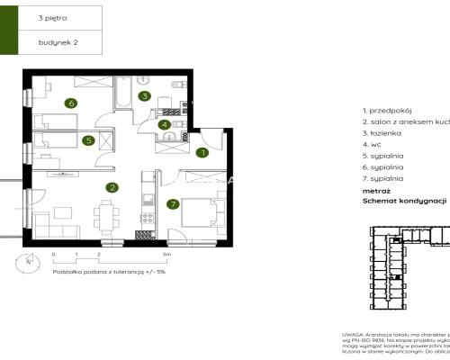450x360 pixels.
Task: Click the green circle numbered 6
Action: (x=69, y=103)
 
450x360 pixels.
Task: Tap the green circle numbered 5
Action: (x=88, y=140)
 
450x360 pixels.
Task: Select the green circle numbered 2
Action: (x=112, y=188)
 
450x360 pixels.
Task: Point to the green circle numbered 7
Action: (x=173, y=204)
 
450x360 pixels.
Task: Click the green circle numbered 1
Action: (x=203, y=153)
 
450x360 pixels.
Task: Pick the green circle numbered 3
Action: (x=144, y=96)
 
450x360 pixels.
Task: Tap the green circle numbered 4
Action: (x=164, y=125)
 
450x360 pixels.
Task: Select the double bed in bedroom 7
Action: (x=198, y=214)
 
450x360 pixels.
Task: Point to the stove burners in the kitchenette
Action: (x=140, y=236)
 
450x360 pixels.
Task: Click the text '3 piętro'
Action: (x=51, y=17)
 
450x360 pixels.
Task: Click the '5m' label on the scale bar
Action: (x=180, y=256)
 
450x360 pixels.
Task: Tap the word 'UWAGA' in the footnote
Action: (x=353, y=333)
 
